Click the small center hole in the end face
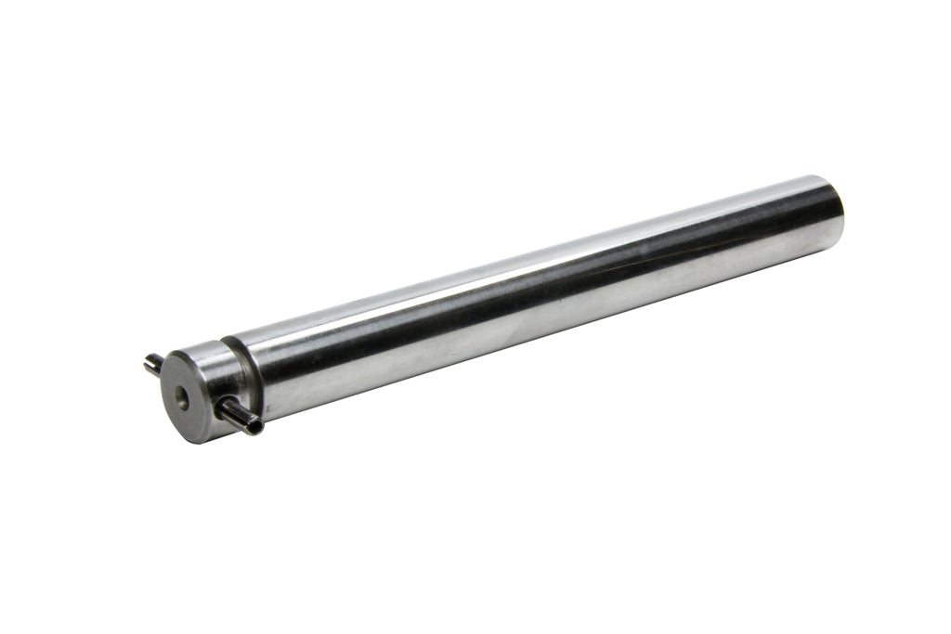(182, 403)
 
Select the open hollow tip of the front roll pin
(254, 426)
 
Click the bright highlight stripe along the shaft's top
(520, 252)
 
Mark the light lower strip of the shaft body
(520, 320)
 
